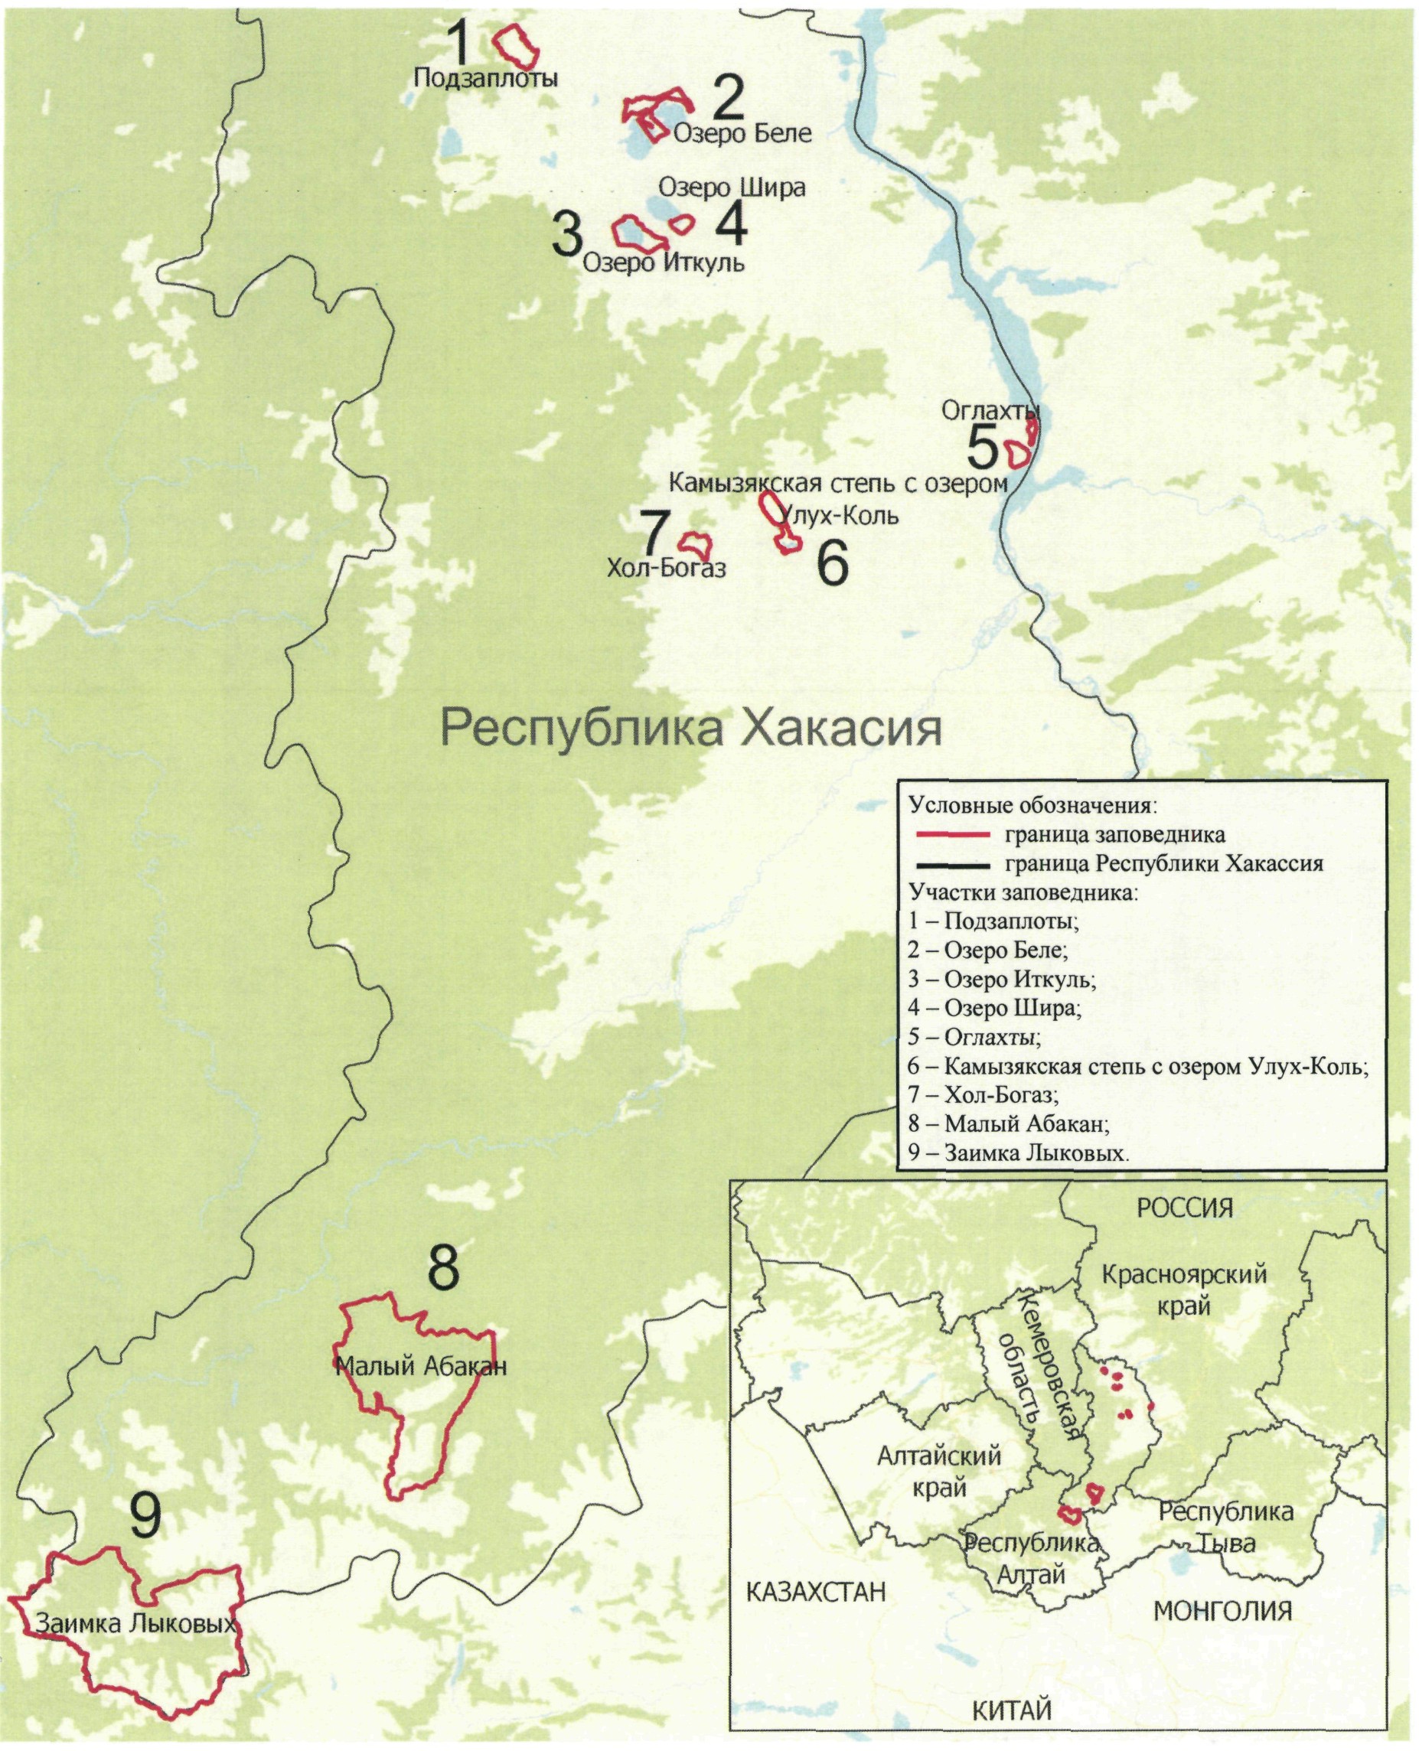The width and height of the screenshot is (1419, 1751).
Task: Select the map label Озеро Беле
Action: pos(742,132)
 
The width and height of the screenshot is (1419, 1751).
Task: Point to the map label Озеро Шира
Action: pos(732,187)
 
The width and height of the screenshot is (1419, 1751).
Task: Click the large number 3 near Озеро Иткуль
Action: pos(567,236)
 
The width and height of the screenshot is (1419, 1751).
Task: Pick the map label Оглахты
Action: pos(990,409)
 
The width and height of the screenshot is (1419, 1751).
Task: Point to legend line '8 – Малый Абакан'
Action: pos(1008,1124)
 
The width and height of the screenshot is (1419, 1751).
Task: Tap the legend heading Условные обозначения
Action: pos(1033,805)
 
